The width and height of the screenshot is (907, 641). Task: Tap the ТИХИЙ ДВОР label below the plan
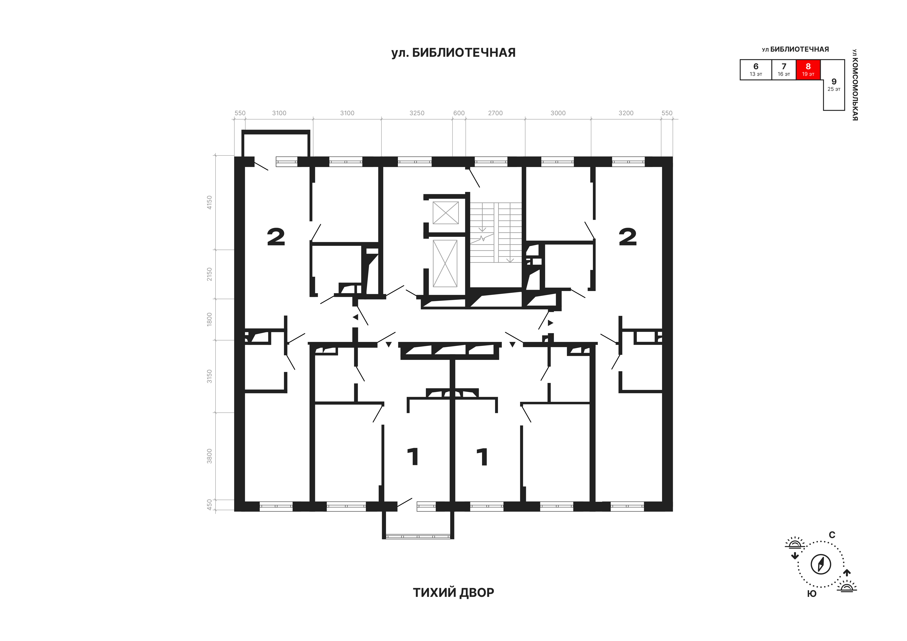[453, 592]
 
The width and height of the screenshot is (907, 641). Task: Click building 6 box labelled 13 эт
[756, 70]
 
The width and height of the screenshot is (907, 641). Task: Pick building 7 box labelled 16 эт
[784, 70]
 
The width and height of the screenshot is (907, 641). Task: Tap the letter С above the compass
[832, 535]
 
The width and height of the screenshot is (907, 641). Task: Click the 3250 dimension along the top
[417, 113]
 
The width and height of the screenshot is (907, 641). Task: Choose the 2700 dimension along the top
[495, 113]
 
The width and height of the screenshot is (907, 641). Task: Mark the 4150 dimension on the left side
[209, 202]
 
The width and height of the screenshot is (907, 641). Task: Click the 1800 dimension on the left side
[209, 319]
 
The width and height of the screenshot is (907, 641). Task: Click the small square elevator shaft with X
[446, 213]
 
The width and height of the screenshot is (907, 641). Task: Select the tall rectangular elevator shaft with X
[445, 263]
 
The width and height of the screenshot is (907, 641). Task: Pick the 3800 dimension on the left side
[209, 456]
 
